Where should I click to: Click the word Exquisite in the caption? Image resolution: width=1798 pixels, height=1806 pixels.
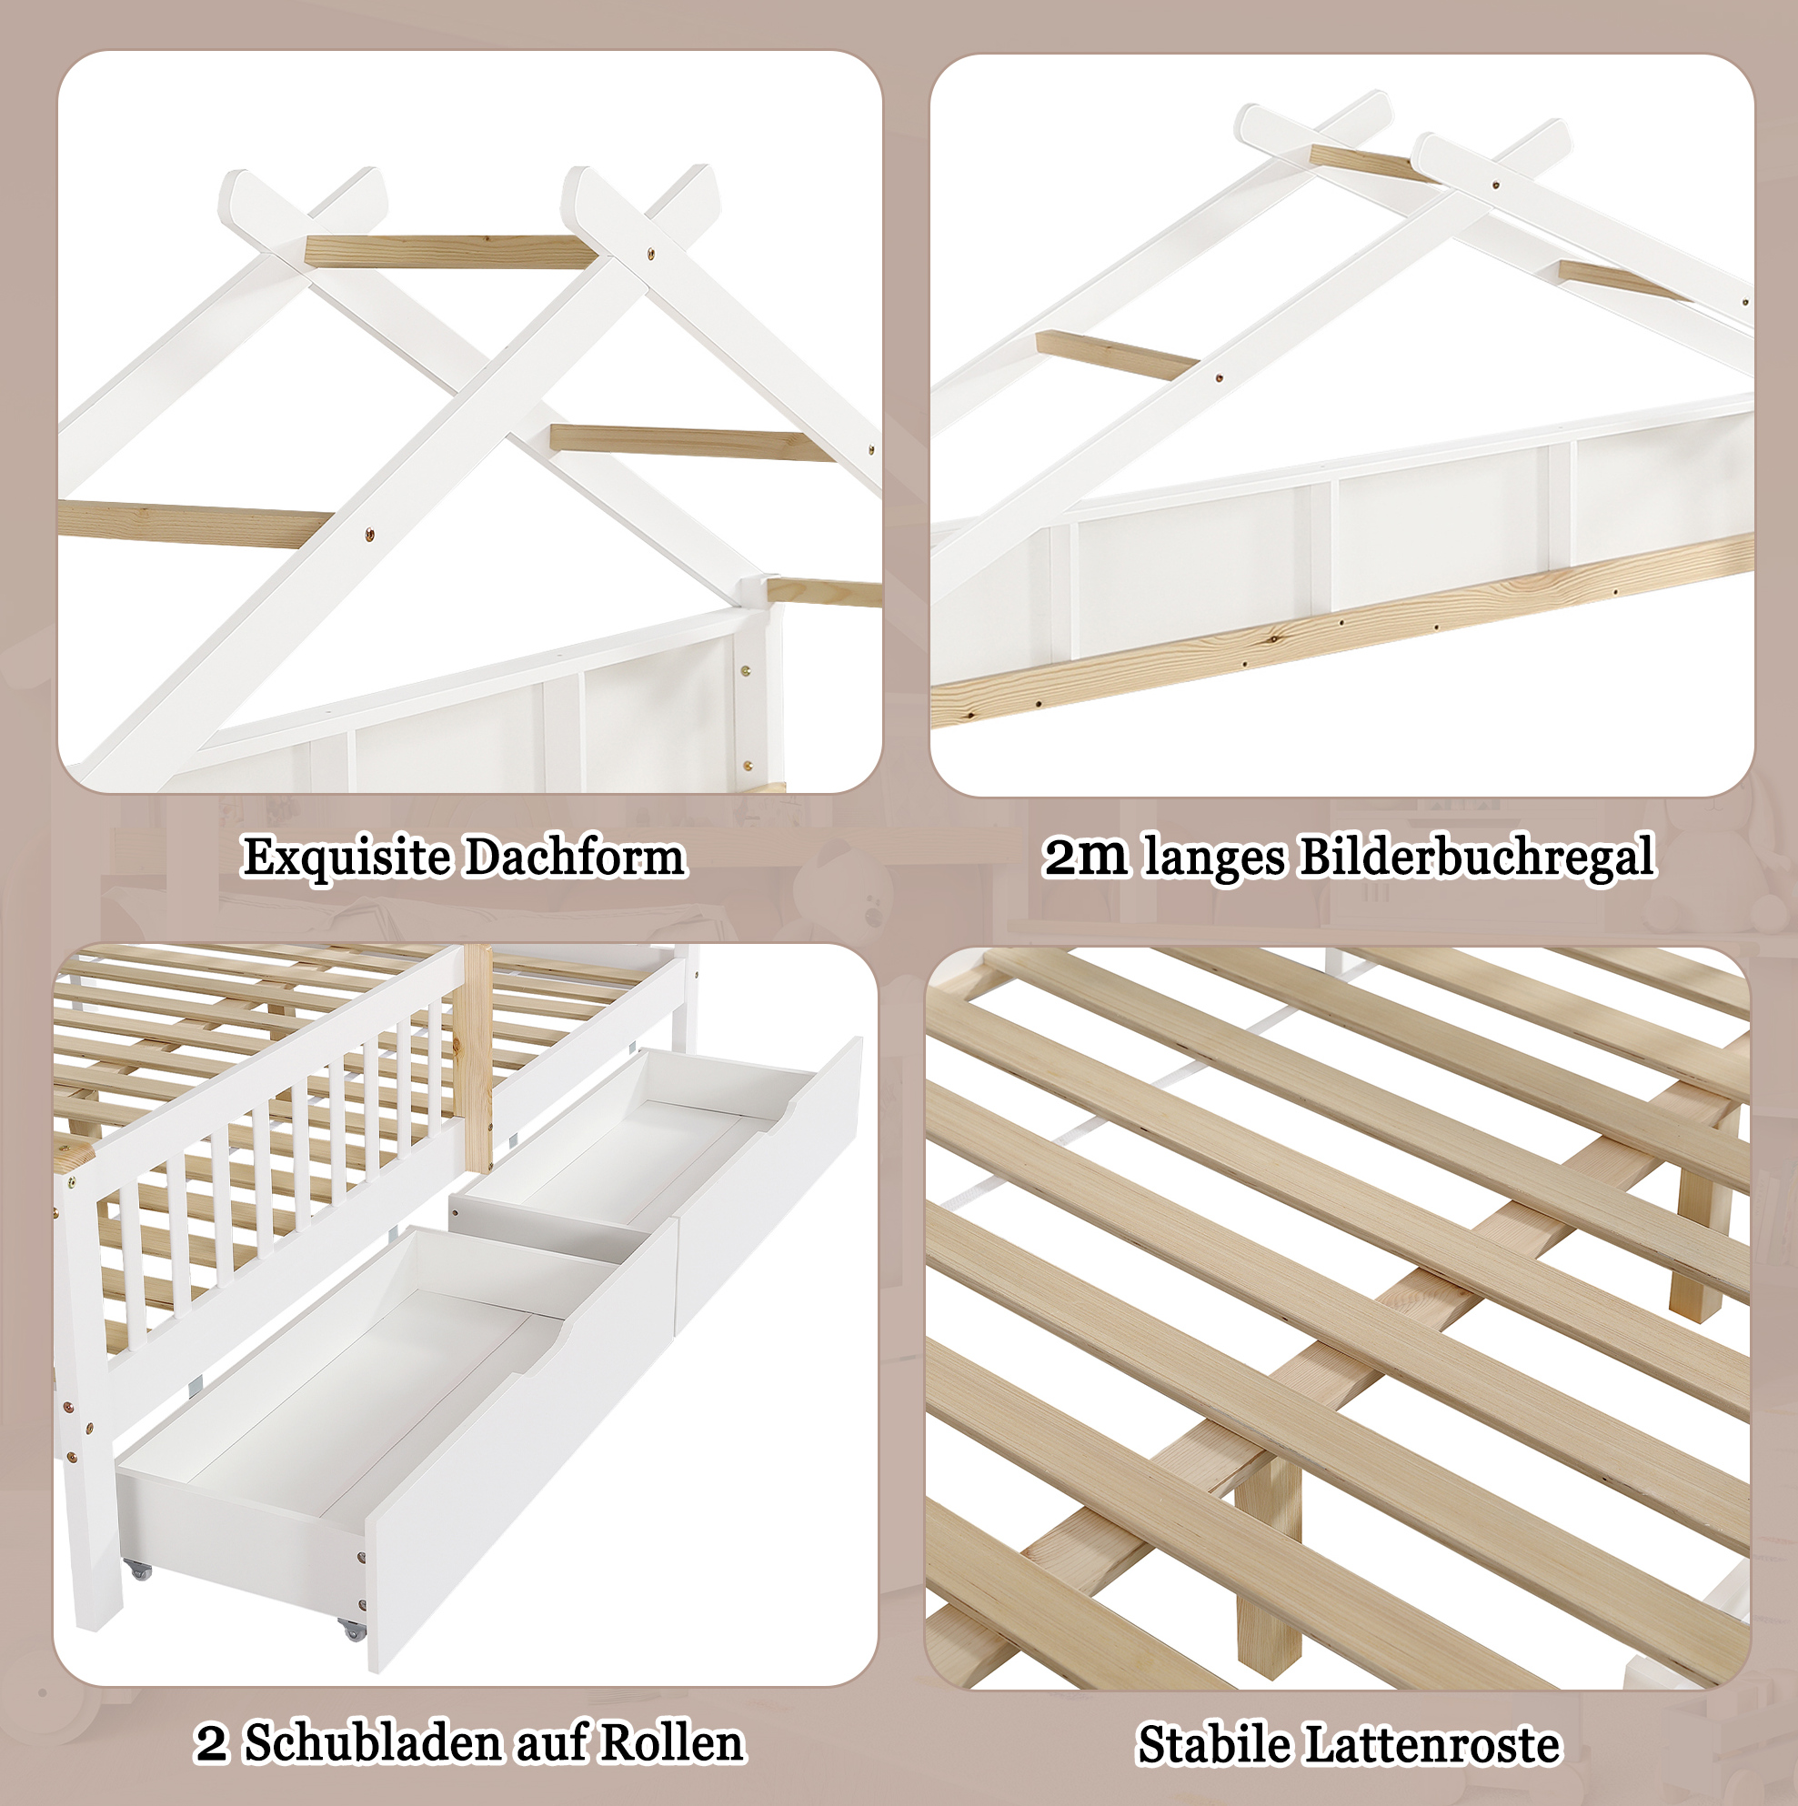point(346,858)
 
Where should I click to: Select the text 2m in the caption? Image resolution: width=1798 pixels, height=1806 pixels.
point(1086,857)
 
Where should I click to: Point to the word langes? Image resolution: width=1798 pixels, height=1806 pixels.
point(1216,858)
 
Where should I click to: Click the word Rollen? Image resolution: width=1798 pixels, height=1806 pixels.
point(672,1742)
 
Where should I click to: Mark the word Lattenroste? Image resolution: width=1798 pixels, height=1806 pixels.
point(1433,1744)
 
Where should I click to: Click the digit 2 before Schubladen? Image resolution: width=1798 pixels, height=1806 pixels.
point(212,1744)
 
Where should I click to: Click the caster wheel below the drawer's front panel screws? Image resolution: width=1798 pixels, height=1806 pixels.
point(354,1630)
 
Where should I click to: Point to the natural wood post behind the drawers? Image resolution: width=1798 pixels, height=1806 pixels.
point(477,1057)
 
